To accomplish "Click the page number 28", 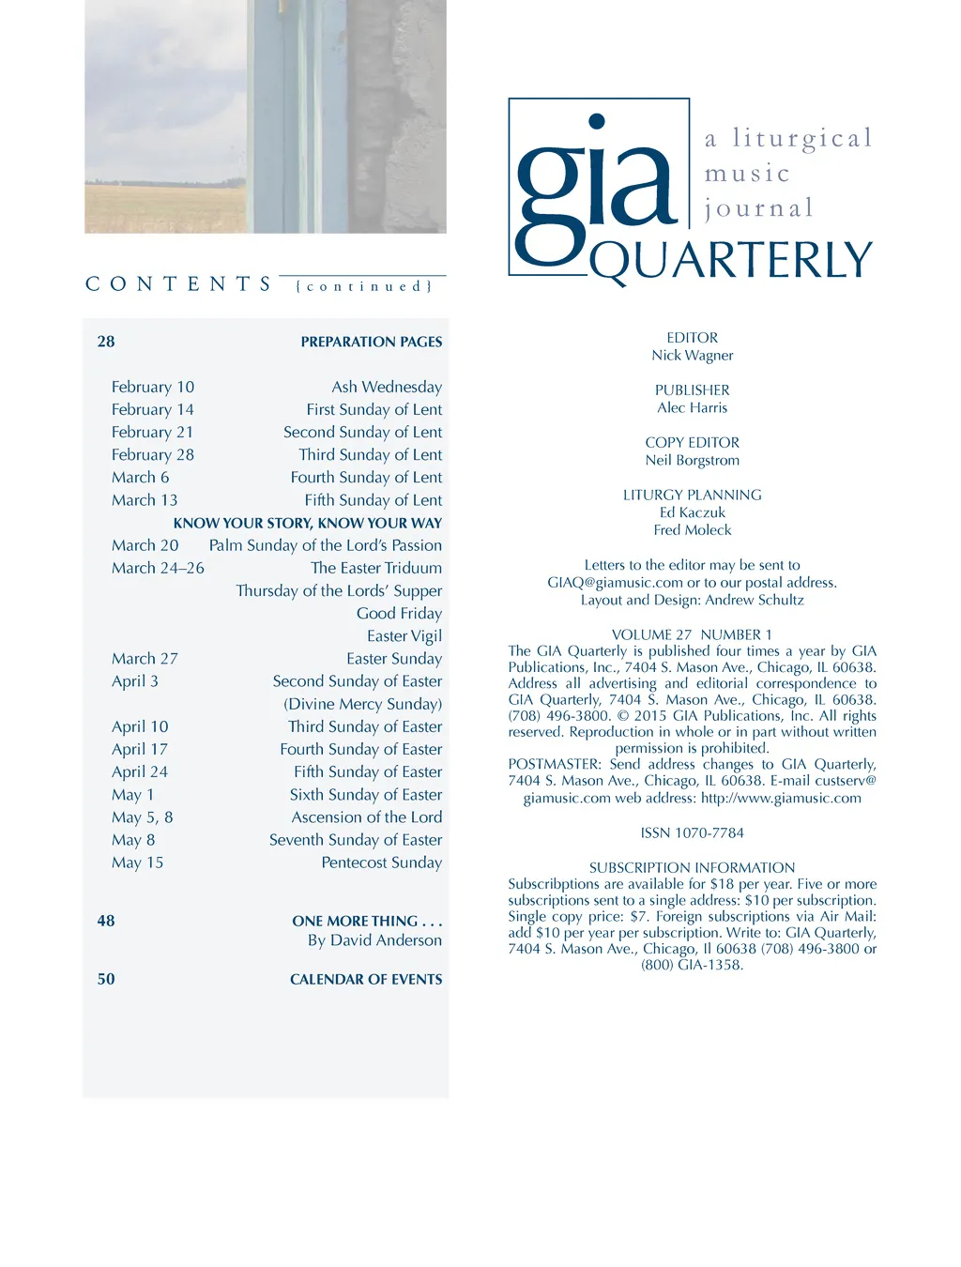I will pos(106,342).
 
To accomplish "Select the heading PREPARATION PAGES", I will pos(371,343).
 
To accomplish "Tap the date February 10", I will pos(153,387).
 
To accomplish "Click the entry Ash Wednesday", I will pos(387,387).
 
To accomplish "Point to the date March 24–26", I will pos(158,568).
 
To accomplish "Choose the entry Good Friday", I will pos(399,613).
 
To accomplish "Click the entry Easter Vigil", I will pos(404,635).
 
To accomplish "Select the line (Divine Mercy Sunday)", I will pos(362,704).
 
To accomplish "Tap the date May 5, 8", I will pos(143,817).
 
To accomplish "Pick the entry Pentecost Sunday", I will pos(381,862).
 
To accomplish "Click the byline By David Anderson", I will pos(374,940).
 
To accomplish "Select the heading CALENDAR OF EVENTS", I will pos(366,980).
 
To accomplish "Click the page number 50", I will pos(106,980).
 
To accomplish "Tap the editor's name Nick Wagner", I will pos(693,356).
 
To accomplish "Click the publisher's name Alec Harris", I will pos(693,408).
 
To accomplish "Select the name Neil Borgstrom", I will pos(693,461).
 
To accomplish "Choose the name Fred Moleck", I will pos(693,530).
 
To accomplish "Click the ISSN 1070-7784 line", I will pos(693,833).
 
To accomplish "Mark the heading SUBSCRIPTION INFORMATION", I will pos(693,868).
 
